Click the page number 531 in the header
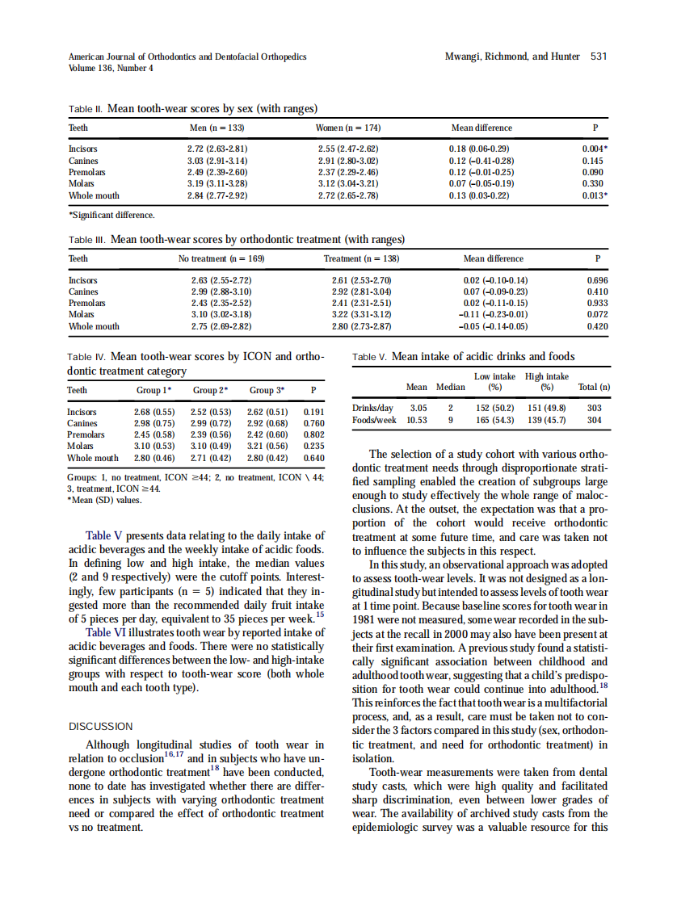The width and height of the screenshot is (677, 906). (599, 57)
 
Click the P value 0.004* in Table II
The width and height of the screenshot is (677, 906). (595, 149)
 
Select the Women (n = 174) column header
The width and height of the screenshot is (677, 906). (348, 128)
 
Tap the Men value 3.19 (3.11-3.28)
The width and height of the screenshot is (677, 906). (217, 183)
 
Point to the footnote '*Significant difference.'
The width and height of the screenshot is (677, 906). (111, 215)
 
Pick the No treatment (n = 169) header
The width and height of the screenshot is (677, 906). (221, 258)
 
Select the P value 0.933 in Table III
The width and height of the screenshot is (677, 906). (596, 303)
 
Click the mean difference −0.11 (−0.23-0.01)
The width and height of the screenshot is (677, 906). (493, 315)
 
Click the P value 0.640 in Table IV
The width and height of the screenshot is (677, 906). (313, 458)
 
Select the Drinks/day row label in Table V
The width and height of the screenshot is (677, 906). (372, 408)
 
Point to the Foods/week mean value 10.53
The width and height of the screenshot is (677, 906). (416, 420)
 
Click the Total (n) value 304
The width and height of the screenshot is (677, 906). (594, 420)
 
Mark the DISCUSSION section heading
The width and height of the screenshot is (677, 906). (101, 726)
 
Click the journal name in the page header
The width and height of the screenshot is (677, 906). (187, 57)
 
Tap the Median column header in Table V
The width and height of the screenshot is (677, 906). (451, 387)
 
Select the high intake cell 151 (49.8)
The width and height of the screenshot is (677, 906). (545, 408)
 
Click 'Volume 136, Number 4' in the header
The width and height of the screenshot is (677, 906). (111, 68)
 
